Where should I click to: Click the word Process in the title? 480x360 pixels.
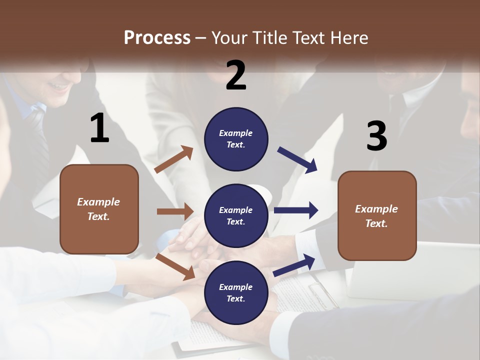[157, 37]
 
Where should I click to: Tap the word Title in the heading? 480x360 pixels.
[270, 37]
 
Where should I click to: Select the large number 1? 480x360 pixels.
[99, 128]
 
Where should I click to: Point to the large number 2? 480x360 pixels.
[236, 75]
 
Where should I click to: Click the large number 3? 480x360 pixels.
[376, 136]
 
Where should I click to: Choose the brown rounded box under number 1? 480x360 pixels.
[99, 209]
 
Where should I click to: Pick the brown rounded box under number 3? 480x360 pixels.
[377, 216]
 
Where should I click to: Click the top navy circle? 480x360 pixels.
[236, 138]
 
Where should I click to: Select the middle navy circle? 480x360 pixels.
[236, 215]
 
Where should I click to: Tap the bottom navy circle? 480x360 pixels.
[236, 292]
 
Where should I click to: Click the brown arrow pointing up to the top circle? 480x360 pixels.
[174, 159]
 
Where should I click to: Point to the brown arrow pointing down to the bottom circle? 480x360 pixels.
[175, 266]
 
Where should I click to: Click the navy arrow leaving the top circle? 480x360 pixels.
[297, 159]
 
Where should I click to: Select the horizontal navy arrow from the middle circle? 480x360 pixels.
[296, 210]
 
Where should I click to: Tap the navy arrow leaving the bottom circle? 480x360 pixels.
[294, 265]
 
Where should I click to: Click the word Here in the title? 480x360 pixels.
[350, 37]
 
